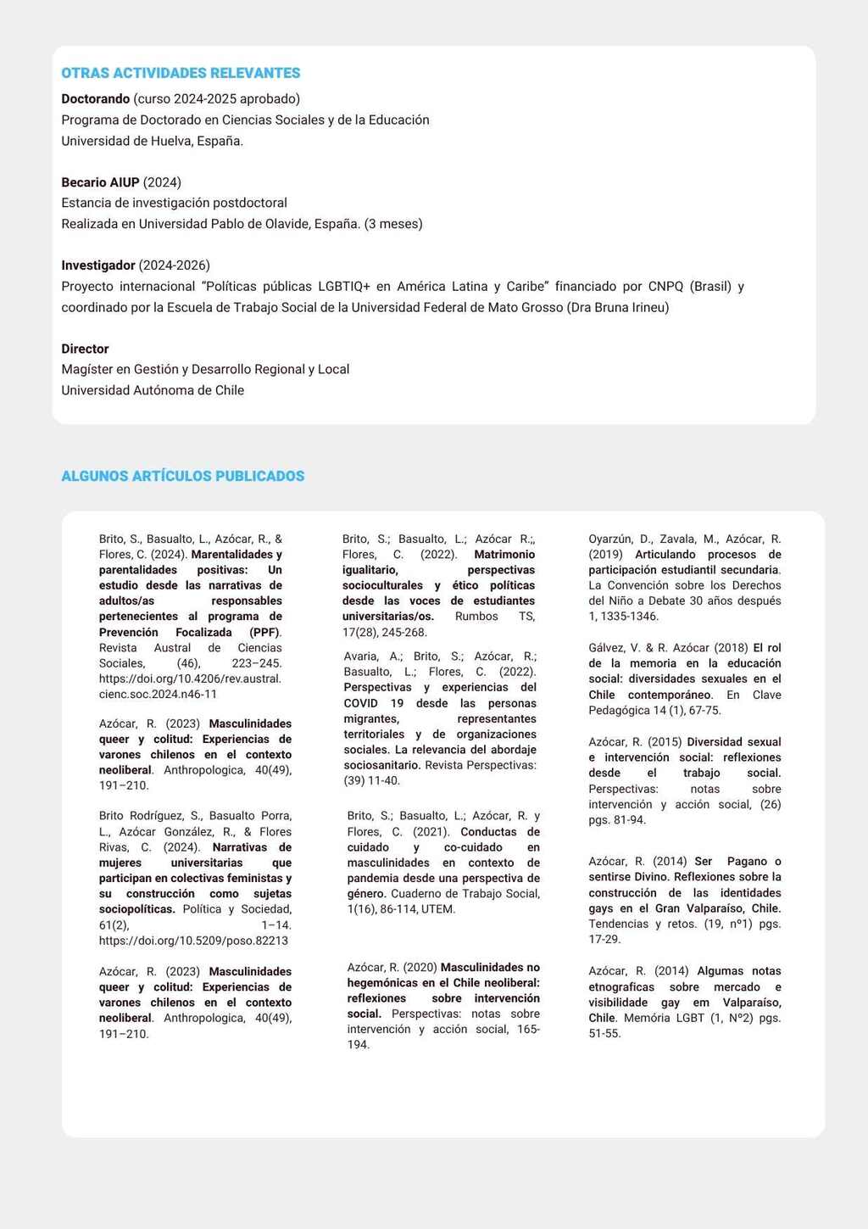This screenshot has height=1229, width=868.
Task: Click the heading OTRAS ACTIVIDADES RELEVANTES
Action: [181, 73]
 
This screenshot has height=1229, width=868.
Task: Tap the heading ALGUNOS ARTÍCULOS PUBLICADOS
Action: [182, 476]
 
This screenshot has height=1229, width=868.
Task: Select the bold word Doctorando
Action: [96, 99]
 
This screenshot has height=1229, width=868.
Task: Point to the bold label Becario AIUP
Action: [100, 182]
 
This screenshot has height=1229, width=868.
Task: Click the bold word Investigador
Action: [98, 265]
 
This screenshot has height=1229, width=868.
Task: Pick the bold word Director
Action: [85, 349]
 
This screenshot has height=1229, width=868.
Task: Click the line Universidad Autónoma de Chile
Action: [153, 390]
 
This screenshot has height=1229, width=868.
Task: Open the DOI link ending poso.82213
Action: [193, 941]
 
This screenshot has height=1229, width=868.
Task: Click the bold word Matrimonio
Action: [504, 555]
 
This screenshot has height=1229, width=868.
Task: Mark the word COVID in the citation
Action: [361, 703]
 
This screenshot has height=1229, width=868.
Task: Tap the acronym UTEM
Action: [439, 909]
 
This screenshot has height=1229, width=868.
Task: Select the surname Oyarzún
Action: [609, 539]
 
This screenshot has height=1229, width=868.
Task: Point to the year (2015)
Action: [665, 742]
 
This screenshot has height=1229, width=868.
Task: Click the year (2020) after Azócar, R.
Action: [420, 968]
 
